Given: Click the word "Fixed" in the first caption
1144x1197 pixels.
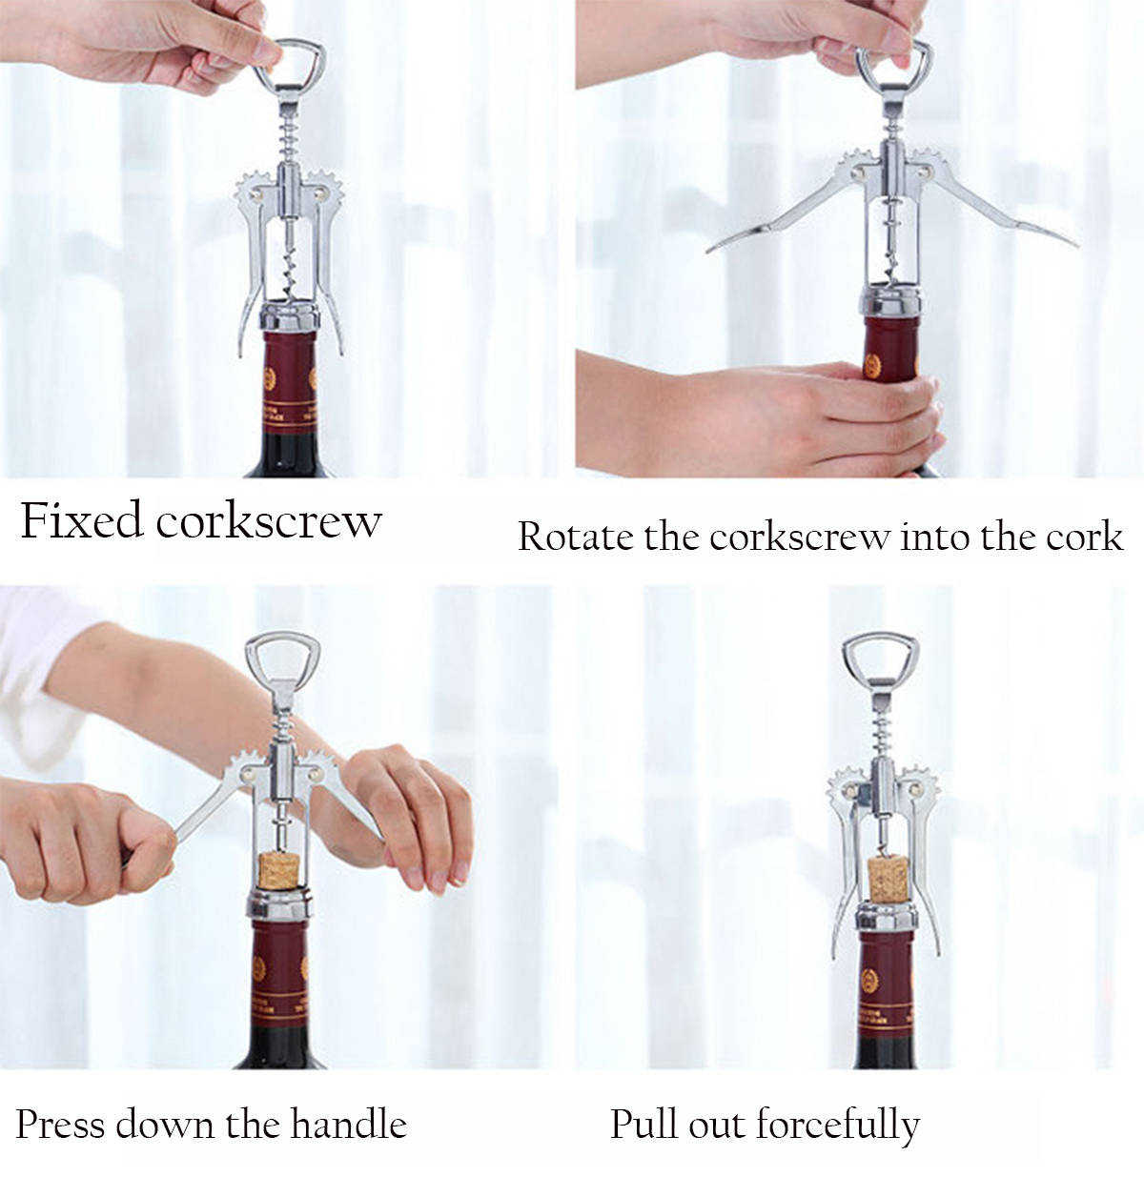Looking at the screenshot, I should [80, 521].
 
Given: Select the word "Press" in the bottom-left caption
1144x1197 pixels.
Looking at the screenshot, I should [58, 1125].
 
